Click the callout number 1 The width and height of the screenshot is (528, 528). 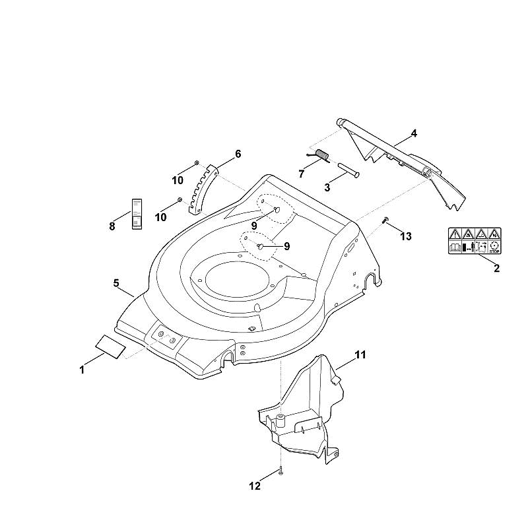82,370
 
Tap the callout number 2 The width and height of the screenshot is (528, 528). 496,269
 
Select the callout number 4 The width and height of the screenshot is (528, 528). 414,134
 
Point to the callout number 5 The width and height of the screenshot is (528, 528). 116,283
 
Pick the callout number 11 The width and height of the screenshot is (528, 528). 360,354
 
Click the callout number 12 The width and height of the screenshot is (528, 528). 255,486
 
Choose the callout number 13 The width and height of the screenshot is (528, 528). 406,236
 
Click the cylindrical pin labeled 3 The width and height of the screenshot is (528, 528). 348,170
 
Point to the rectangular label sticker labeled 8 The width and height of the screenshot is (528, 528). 137,214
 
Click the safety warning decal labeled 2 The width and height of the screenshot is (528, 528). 475,241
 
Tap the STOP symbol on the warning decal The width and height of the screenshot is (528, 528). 494,247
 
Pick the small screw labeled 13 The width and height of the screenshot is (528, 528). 385,220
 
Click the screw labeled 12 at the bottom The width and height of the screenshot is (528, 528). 280,471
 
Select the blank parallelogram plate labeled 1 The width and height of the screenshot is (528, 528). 110,347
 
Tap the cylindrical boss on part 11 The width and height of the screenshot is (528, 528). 280,422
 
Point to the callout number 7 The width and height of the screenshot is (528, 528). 301,174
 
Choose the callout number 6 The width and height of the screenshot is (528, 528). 238,154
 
